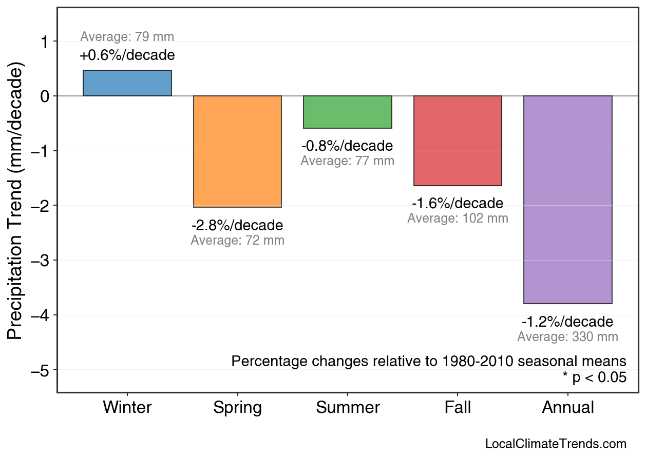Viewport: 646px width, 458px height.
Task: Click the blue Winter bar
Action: [x=127, y=83]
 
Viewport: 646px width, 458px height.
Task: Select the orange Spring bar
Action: [x=237, y=151]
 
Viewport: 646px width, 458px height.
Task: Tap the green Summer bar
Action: [x=348, y=112]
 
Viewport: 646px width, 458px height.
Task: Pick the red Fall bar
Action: [x=458, y=141]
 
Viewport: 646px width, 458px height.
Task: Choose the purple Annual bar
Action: [x=567, y=200]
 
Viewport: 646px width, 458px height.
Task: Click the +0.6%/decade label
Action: [x=127, y=55]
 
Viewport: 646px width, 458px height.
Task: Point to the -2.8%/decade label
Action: [x=237, y=226]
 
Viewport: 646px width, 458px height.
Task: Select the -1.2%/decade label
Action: [x=567, y=322]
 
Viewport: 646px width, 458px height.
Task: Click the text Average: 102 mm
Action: [x=458, y=218]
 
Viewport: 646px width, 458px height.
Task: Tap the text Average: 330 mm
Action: [x=567, y=337]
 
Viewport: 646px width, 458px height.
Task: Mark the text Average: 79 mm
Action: [x=127, y=37]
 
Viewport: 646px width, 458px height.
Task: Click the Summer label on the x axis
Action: [x=348, y=408]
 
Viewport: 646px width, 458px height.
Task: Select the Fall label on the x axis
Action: [x=458, y=408]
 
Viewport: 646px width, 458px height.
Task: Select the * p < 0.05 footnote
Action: [x=594, y=378]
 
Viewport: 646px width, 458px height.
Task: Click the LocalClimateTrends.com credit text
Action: [x=556, y=444]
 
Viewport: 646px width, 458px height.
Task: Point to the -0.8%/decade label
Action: [x=348, y=146]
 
